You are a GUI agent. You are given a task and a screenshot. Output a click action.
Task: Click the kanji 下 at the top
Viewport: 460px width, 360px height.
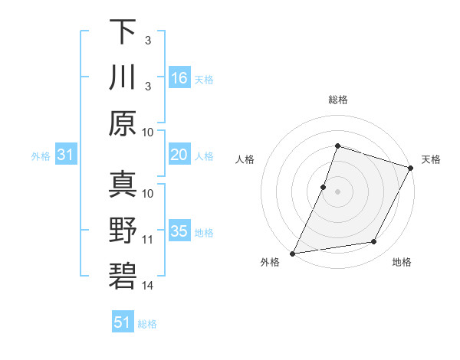point(123,32)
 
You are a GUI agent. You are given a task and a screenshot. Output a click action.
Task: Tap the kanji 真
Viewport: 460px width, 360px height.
point(123,185)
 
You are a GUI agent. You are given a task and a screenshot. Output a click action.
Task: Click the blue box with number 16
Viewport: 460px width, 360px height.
point(179,78)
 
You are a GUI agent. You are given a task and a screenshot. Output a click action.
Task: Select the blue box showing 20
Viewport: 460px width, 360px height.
point(179,155)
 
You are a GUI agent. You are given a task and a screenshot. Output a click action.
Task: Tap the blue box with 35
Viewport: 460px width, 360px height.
point(179,231)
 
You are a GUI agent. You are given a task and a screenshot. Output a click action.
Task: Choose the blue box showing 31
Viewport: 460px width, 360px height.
point(66,155)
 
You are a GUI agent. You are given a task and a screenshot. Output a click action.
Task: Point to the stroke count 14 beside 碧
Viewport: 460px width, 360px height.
point(148,286)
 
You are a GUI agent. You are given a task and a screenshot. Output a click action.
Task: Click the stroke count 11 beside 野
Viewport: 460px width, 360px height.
point(148,240)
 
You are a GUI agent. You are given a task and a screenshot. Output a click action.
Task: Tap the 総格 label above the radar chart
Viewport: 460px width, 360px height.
point(337,100)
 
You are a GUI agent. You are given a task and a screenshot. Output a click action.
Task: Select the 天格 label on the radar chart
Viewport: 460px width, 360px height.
point(431,159)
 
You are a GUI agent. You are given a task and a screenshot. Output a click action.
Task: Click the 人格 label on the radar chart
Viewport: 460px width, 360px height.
point(245,159)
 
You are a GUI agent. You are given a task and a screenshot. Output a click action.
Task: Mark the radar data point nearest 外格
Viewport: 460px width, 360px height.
point(292,254)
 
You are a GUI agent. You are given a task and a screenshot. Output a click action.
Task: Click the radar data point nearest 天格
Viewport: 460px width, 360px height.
point(412,169)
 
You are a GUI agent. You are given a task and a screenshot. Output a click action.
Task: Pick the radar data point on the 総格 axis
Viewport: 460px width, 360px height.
point(337,146)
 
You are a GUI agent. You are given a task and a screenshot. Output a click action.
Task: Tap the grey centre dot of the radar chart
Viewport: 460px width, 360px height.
point(337,192)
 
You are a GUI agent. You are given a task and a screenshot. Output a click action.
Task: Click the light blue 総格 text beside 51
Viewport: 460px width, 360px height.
point(147,324)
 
